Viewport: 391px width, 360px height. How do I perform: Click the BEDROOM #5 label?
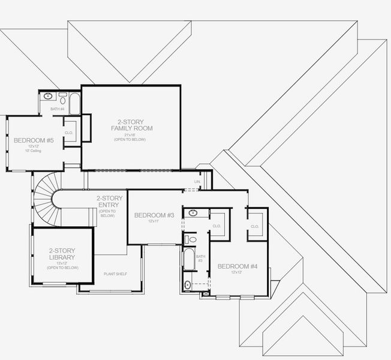pos(34,140)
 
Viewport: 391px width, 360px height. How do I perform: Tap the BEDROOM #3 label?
pos(154,215)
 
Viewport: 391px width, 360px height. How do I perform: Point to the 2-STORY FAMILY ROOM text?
pos(131,124)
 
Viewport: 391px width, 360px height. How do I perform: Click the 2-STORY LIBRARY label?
pos(62,254)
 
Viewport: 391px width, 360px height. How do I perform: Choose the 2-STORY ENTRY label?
pos(109,202)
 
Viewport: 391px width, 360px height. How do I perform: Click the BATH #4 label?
pos(58,109)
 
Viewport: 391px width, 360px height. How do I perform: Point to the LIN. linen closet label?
pos(197,181)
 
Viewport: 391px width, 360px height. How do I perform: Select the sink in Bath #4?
pos(48,96)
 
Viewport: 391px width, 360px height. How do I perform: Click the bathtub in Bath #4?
pos(74,104)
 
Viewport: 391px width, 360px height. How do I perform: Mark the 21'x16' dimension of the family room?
pos(131,134)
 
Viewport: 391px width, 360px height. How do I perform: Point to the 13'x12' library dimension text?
pos(62,263)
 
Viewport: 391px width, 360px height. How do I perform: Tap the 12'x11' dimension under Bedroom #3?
pos(154,221)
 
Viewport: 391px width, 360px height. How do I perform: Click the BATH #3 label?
pos(200,259)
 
